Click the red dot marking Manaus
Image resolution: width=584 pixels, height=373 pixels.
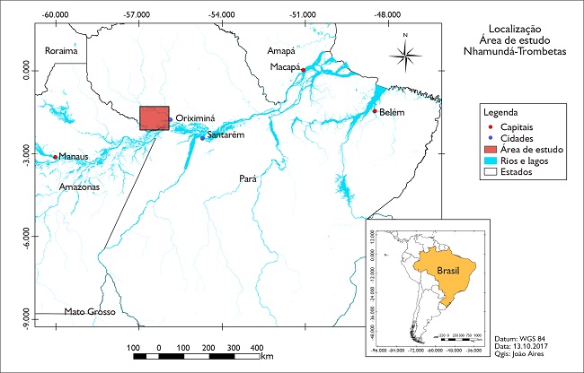click(x=56, y=157)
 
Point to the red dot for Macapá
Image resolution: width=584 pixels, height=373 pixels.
click(x=304, y=70)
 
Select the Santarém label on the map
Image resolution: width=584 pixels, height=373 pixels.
click(x=226, y=135)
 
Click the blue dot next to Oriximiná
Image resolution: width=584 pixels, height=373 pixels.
click(x=170, y=118)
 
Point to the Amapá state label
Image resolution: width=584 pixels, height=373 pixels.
click(x=280, y=51)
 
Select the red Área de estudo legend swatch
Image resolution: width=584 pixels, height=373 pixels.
click(x=491, y=150)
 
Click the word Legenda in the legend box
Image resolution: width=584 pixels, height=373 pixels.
click(x=501, y=114)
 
